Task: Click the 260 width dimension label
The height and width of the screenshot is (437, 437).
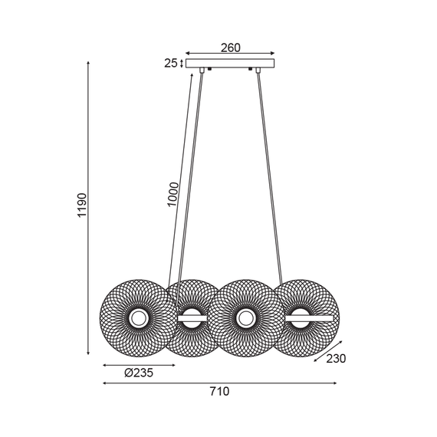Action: coord(231,48)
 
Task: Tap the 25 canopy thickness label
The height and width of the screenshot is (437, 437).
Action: coord(170,64)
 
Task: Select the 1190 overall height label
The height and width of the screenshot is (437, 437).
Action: coord(83,205)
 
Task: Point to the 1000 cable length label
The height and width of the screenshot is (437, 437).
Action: coord(172,194)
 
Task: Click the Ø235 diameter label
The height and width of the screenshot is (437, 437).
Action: coord(139,373)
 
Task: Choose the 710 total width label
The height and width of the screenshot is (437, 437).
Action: coord(219,392)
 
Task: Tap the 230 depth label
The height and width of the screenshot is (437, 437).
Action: coord(336,359)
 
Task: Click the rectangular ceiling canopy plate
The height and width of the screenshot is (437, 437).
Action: coord(230,64)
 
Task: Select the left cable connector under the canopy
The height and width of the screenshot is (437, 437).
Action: coord(202,70)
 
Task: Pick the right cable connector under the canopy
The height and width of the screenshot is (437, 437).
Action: coord(258,70)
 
